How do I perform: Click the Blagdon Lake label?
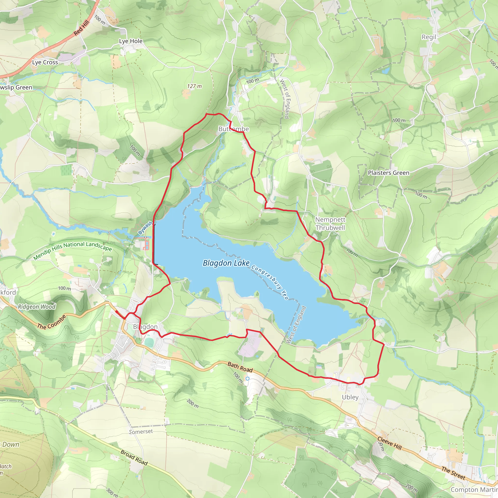coord(226,263)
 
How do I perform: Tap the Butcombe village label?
coord(233,129)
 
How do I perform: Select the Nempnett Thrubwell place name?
coord(330,223)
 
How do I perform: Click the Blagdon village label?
coord(145,327)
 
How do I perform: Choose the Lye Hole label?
coord(131,41)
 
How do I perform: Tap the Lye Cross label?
coord(45,62)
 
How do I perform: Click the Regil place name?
coord(429,37)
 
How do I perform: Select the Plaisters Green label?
coord(388,173)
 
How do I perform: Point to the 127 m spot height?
coord(194,86)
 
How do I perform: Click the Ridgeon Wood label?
coord(37,307)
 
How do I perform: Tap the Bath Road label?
coord(240,367)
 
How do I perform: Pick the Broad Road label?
coord(134,458)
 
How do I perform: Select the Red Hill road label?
coord(81,28)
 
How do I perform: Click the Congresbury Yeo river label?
coord(270,282)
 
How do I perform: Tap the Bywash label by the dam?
coord(145,228)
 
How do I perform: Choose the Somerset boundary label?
coord(141,432)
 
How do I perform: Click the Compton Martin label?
coord(474,489)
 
